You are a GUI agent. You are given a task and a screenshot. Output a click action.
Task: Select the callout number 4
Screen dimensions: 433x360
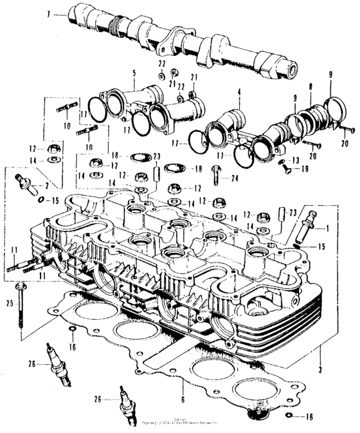239,100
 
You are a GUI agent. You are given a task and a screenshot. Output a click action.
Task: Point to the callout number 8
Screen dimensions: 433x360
310,86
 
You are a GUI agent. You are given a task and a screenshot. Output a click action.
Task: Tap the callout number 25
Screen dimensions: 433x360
10,302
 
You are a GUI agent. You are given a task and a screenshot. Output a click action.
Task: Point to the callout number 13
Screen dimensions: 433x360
296,160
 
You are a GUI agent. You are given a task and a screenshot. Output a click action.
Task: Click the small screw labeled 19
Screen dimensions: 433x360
285,170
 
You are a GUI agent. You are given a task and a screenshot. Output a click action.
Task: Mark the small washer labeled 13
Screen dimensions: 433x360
280,160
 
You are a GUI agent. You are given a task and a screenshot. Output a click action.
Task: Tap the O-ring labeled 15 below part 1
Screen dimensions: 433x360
297,245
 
